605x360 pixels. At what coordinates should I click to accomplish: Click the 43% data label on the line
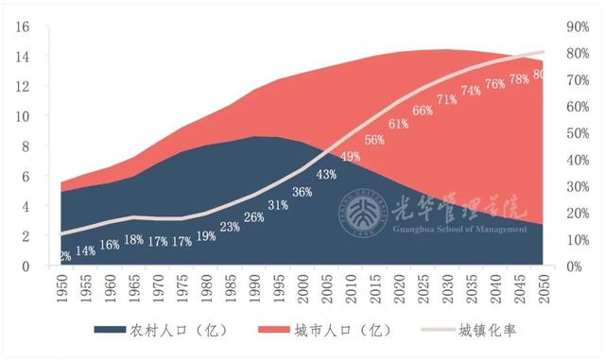coord(327,174)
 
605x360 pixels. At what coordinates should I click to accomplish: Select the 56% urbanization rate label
coord(374,140)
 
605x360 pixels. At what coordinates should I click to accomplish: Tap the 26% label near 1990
coord(253,217)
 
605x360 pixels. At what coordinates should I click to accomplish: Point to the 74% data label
coord(471,91)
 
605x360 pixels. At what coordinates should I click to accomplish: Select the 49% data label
coord(351,156)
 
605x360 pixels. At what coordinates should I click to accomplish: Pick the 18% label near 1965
coord(133,239)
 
